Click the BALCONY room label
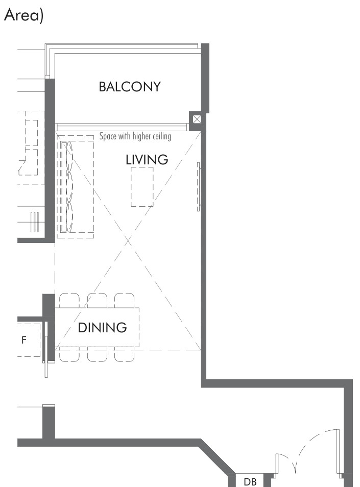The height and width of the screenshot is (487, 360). pyautogui.click(x=130, y=87)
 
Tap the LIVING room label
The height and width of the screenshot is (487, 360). pyautogui.click(x=147, y=160)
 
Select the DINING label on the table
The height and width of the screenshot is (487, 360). pyautogui.click(x=102, y=328)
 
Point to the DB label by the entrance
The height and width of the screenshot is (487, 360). pyautogui.click(x=250, y=482)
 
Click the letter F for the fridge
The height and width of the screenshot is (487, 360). pyautogui.click(x=24, y=340)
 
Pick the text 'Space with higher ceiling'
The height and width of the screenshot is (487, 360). pyautogui.click(x=135, y=136)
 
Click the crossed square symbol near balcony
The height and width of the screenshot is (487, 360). pyautogui.click(x=197, y=119)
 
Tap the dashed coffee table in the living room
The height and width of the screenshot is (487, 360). pyautogui.click(x=142, y=187)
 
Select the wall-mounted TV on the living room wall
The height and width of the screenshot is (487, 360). pyautogui.click(x=199, y=187)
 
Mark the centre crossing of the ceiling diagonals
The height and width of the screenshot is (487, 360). pyautogui.click(x=128, y=241)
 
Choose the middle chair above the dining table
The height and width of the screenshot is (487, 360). pyautogui.click(x=97, y=300)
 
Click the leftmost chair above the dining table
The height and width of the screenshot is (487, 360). pyautogui.click(x=69, y=300)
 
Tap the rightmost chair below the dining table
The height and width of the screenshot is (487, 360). pyautogui.click(x=124, y=354)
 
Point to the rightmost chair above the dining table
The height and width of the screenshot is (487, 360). pyautogui.click(x=124, y=300)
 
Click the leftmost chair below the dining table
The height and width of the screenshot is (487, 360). pyautogui.click(x=69, y=354)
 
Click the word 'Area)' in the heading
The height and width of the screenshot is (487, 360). pyautogui.click(x=23, y=15)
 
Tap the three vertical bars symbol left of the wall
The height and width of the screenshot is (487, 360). pyautogui.click(x=35, y=222)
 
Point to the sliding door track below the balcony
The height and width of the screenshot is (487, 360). pyautogui.click(x=122, y=127)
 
